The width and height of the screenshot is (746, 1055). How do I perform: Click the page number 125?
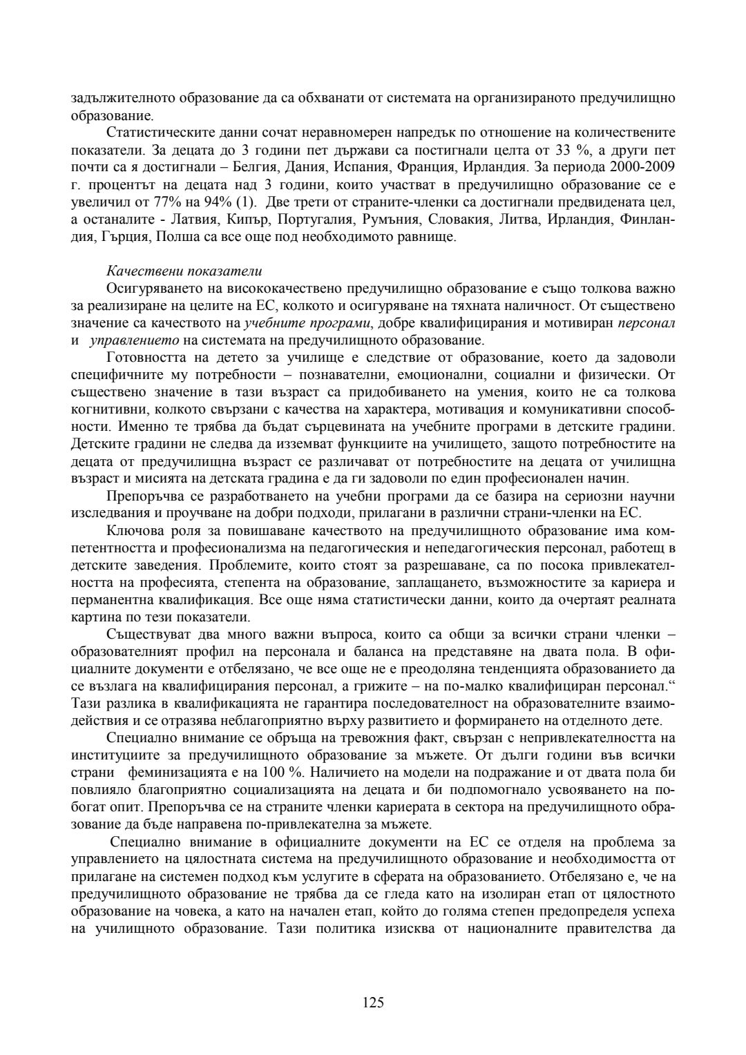click(x=373, y=1002)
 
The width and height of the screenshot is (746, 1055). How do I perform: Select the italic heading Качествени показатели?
click(x=184, y=270)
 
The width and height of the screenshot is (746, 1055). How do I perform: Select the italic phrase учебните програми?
click(x=304, y=322)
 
